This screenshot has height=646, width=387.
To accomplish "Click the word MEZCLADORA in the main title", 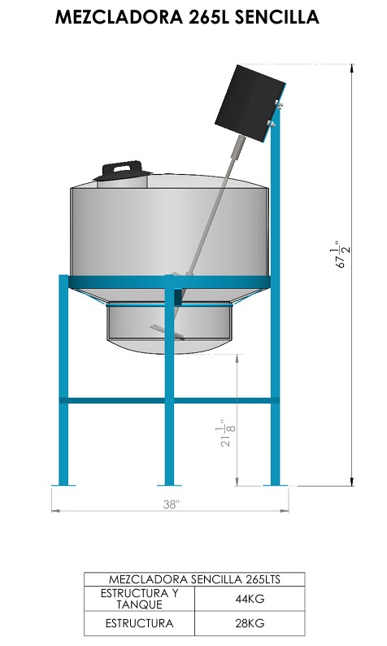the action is click(119, 17).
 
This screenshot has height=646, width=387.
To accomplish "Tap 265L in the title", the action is click(209, 17).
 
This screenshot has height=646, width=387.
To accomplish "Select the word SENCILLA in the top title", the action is click(277, 17).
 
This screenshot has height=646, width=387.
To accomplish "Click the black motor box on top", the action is click(250, 103).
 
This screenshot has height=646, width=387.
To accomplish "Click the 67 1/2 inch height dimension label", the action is click(342, 255).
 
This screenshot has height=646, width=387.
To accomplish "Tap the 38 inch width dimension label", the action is click(171, 504).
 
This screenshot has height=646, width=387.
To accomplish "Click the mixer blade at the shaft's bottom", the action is click(167, 332).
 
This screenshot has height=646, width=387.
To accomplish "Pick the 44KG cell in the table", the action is click(250, 599).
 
